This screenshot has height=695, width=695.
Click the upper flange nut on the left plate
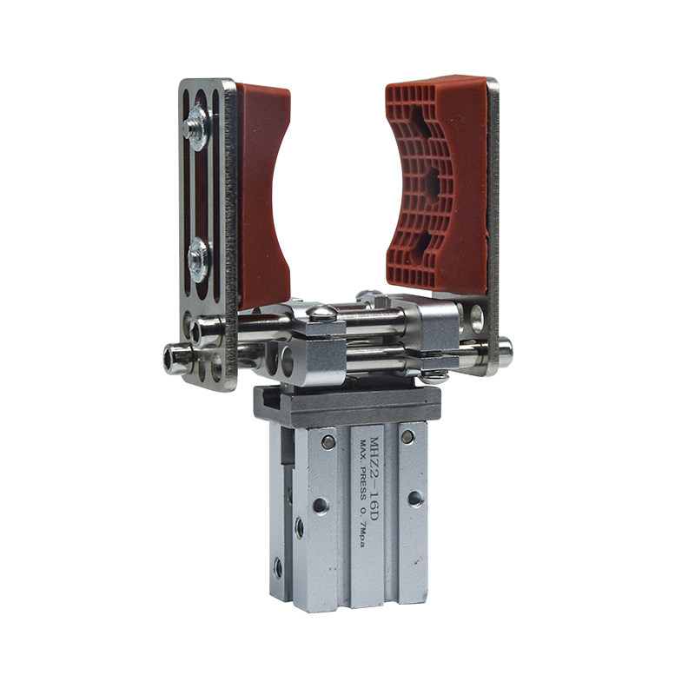point(195,128)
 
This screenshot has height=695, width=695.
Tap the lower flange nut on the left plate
point(198,260)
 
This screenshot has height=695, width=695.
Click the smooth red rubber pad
point(261,195)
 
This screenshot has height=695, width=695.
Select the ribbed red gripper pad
point(437,184)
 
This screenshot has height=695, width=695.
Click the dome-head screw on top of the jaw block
point(321,313)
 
